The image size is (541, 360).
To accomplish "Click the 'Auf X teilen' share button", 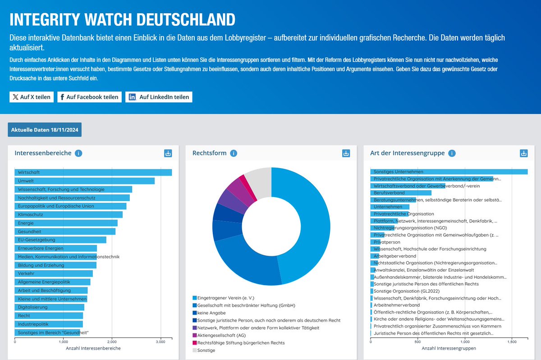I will coord(32,97).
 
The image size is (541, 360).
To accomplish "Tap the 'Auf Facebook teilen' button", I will coord(89,97).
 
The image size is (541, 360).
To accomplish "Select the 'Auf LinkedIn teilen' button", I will coord(159,97).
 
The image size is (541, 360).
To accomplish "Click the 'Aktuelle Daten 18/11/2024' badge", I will coord(45,130).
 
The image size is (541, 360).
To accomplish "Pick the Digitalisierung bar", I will coord(50,307).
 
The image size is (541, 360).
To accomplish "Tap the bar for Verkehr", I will coord(54,273).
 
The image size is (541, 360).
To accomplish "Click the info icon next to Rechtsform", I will coord(234,153).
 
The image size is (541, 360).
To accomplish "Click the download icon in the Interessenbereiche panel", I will coord(168,153).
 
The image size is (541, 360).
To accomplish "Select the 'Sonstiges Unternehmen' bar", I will coord(449,172).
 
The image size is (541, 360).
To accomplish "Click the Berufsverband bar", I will coord(400,193).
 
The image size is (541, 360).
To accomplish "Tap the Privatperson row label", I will coord(387,242).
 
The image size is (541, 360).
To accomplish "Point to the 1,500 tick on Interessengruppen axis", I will coord(512,342).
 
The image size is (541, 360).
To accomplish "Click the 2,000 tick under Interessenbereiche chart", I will coord(112,342).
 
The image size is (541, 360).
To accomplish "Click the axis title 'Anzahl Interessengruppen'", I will coord(449,349).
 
